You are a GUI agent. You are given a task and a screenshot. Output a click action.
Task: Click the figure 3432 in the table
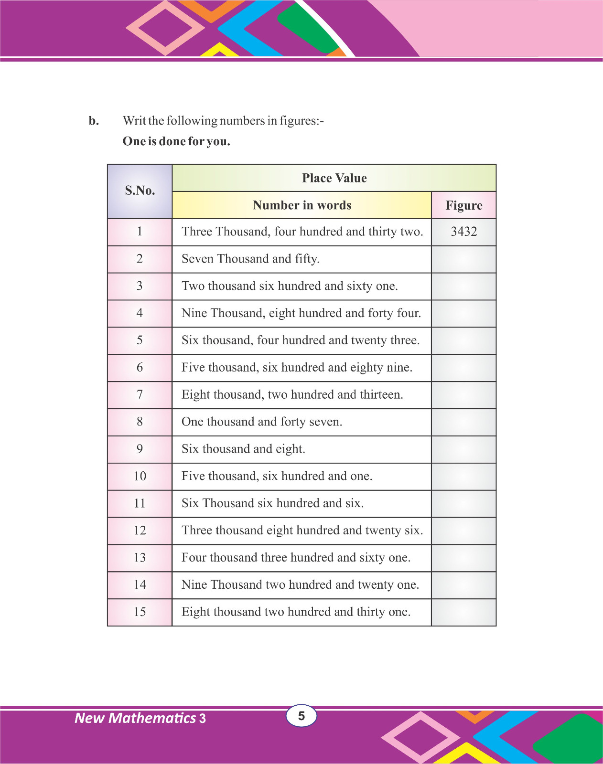[x=463, y=232]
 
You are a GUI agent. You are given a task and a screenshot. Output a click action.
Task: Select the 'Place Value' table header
[x=334, y=178]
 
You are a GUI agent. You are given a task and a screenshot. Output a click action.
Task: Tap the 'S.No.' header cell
[x=140, y=191]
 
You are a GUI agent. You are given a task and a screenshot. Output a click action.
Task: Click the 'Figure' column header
[x=463, y=205]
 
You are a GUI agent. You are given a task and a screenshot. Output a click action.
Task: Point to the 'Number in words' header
[x=302, y=205]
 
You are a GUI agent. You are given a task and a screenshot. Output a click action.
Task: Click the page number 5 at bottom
[x=301, y=716]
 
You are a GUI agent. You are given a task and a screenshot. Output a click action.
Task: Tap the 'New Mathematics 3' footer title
[x=140, y=718]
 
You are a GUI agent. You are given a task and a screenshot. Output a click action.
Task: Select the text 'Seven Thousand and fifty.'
[x=250, y=259]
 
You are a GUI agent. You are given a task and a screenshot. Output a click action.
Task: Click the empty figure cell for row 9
[x=463, y=449]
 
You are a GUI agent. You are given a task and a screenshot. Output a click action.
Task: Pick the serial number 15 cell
[x=140, y=612]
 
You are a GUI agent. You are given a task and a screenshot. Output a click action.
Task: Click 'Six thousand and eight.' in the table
[x=243, y=449]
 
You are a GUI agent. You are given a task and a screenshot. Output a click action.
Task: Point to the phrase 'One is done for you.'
[x=176, y=141]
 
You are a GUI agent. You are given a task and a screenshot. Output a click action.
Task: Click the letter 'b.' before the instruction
[x=94, y=121]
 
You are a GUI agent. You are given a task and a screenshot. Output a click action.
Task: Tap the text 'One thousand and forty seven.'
[x=262, y=422]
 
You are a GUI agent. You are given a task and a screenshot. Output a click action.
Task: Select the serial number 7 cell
[x=140, y=395]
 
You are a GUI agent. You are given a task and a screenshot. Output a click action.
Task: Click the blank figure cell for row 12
[x=463, y=531]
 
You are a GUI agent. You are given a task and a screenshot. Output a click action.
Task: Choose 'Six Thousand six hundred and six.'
[x=272, y=503]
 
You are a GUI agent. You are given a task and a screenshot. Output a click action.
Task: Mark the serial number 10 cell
[x=140, y=477]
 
